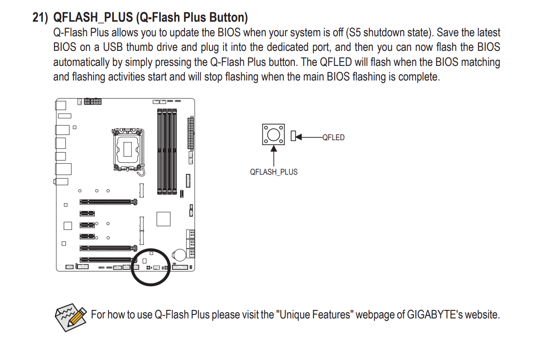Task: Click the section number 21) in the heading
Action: tap(40, 18)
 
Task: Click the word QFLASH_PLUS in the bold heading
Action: tap(93, 18)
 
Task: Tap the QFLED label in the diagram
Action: tap(333, 138)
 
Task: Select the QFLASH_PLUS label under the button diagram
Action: tap(274, 172)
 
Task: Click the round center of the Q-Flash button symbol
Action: tap(274, 134)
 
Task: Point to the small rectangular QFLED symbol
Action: tap(293, 136)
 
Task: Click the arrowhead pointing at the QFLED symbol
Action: tap(299, 137)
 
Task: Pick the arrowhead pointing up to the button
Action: tap(274, 148)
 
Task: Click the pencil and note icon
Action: tap(71, 317)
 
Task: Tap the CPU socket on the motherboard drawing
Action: tap(128, 150)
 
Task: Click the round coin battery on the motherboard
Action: tap(179, 255)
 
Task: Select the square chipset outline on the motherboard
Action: tap(163, 219)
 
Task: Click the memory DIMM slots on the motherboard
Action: tap(167, 151)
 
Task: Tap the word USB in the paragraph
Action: tap(113, 47)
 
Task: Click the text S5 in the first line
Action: tap(355, 33)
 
